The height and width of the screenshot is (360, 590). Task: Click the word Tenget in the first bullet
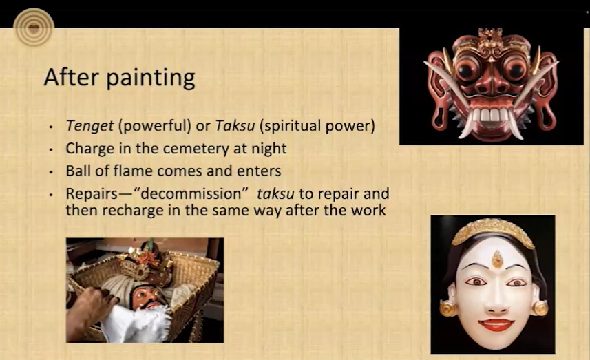click(x=89, y=126)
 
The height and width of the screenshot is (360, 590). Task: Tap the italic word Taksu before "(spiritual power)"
click(x=235, y=126)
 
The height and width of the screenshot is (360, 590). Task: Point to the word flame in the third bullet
click(x=133, y=171)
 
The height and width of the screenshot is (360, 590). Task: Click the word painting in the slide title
click(x=151, y=78)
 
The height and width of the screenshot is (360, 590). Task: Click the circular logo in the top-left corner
click(x=34, y=28)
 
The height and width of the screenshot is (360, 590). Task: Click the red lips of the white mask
click(x=496, y=324)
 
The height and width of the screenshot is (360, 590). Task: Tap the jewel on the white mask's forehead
click(x=498, y=260)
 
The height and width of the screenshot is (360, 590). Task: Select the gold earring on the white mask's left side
click(x=448, y=308)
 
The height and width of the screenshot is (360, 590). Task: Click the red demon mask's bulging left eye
click(x=466, y=69)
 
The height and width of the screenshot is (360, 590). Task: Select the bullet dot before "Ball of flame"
click(x=51, y=172)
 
